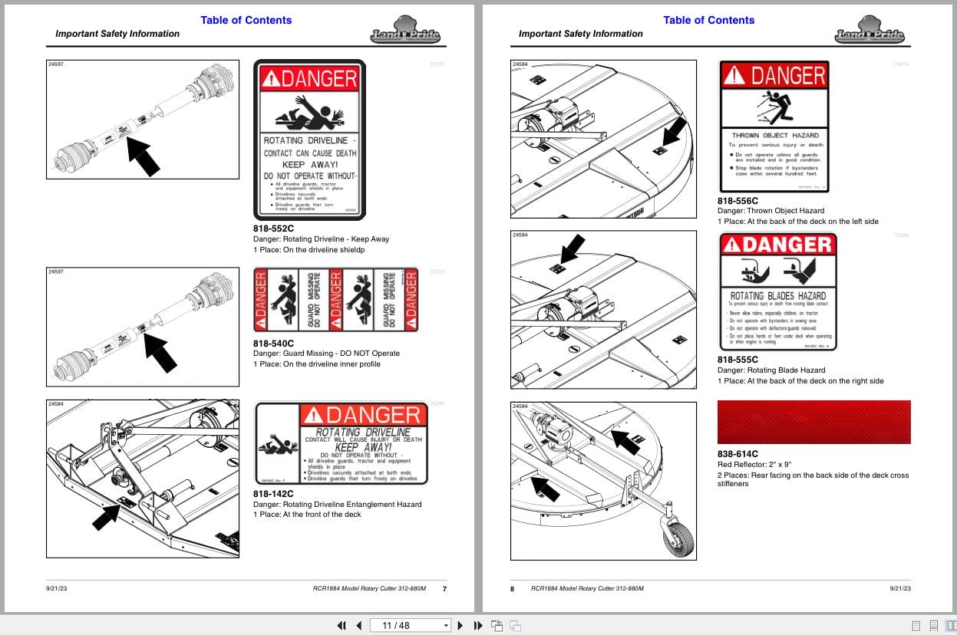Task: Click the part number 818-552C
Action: tap(273, 229)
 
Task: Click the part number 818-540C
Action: tap(273, 343)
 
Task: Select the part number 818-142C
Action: tap(273, 494)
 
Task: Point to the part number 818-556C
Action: tap(738, 200)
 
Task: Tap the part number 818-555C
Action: tap(738, 360)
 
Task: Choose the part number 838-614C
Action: tap(738, 454)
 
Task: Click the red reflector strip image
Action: tap(813, 422)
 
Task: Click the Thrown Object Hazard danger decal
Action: tap(774, 127)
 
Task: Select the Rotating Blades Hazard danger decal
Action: tap(777, 291)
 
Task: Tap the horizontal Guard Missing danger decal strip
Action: tap(336, 300)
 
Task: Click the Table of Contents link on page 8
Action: tap(708, 20)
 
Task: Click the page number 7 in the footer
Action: tap(444, 588)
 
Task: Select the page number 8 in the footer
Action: tap(513, 588)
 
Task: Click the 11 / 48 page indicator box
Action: tap(410, 625)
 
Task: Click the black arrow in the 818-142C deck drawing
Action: tap(107, 517)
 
